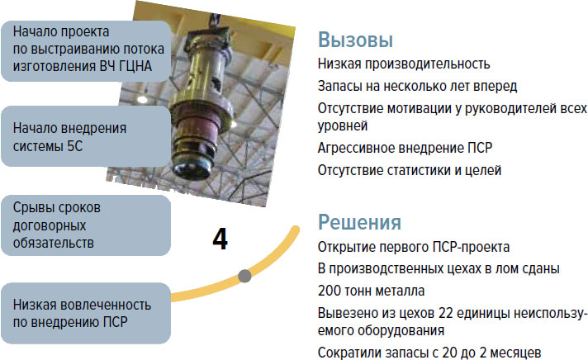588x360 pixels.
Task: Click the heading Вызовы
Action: click(355, 40)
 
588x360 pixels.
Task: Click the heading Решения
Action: click(359, 222)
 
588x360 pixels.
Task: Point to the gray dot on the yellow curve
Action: click(245, 276)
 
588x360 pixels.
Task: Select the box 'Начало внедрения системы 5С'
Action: click(86, 136)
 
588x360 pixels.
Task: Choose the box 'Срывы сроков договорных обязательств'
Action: click(86, 225)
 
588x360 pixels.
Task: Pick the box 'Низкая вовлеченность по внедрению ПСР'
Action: click(86, 313)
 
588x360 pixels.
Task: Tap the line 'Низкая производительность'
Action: click(404, 64)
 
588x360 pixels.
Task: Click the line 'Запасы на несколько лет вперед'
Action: click(417, 86)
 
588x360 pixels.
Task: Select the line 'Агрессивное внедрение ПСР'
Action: click(405, 148)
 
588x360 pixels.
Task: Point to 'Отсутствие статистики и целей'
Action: click(410, 170)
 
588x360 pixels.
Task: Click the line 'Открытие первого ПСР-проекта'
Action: click(414, 247)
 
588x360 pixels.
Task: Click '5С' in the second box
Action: click(74, 146)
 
